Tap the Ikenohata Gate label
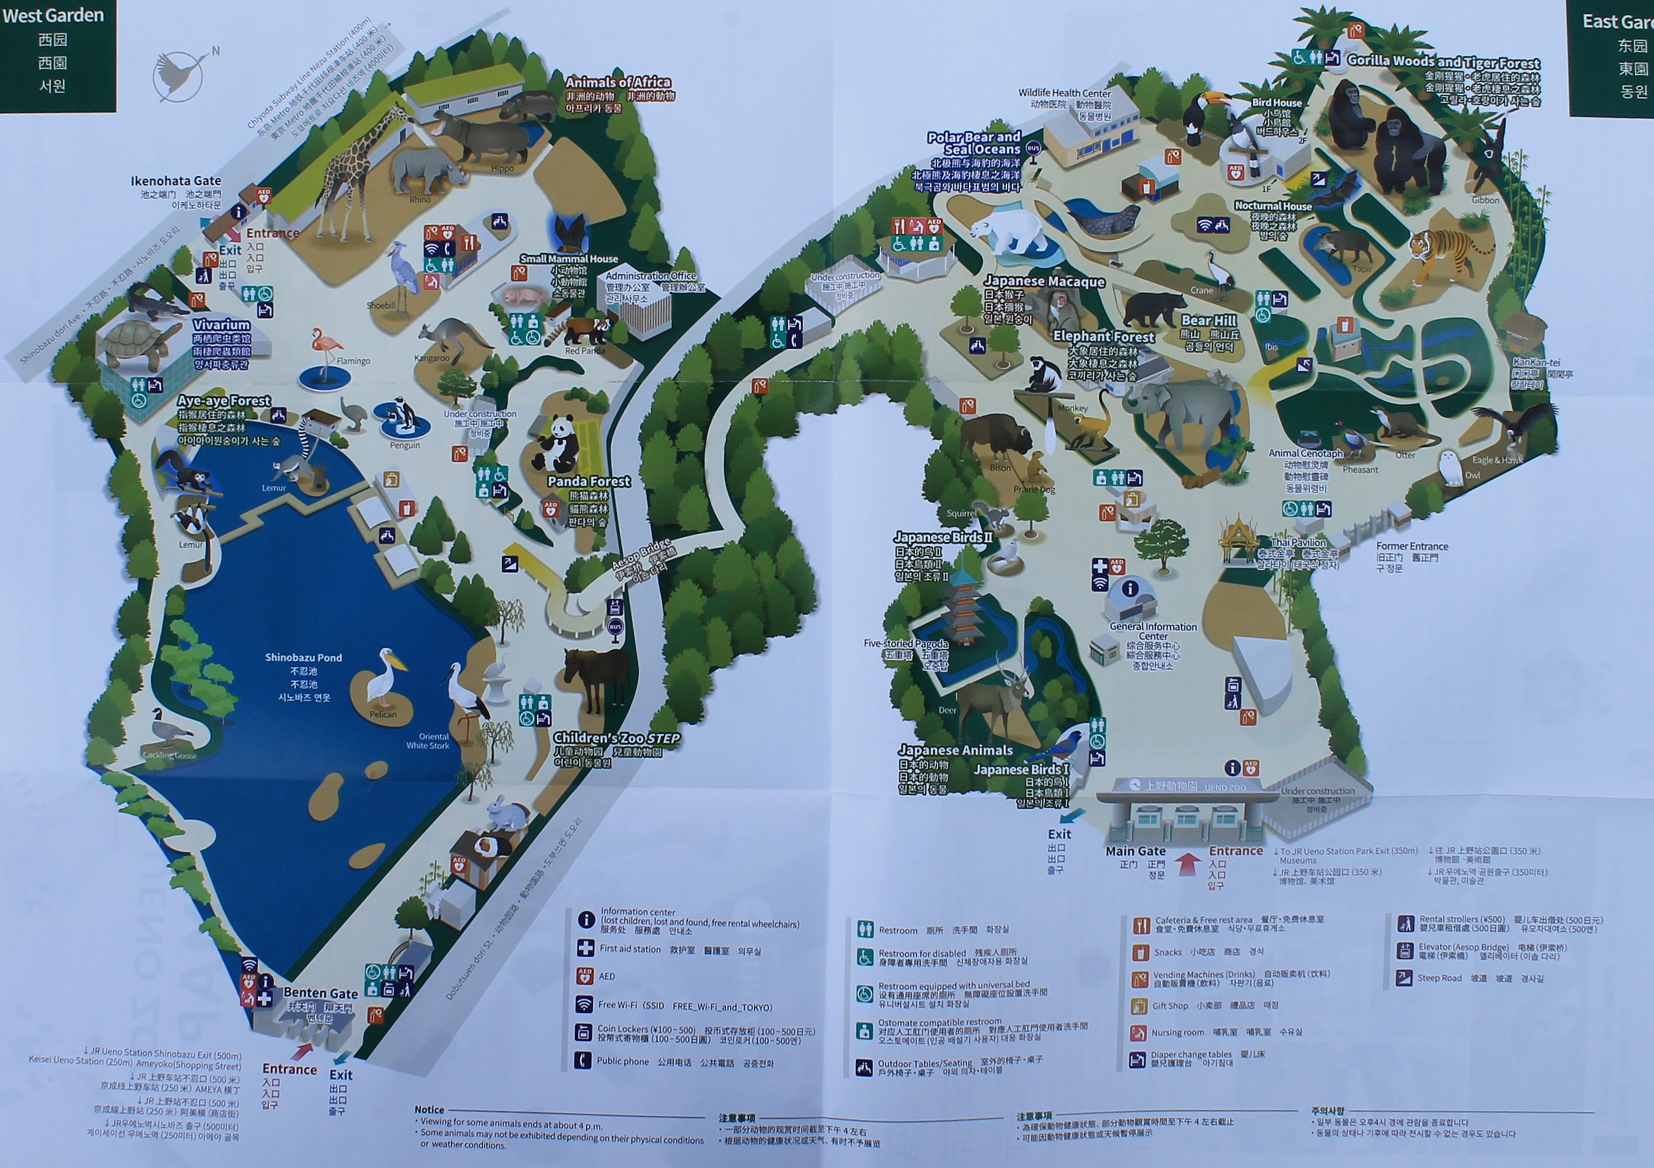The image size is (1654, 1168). click(x=176, y=181)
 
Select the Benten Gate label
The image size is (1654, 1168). click(x=320, y=993)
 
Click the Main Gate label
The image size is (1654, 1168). click(x=1136, y=851)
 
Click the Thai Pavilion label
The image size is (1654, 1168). click(x=1298, y=542)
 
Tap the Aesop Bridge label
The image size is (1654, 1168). click(x=641, y=553)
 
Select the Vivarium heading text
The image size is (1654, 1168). click(x=221, y=325)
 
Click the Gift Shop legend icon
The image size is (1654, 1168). click(x=1139, y=1005)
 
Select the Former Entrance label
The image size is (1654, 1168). click(x=1411, y=546)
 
